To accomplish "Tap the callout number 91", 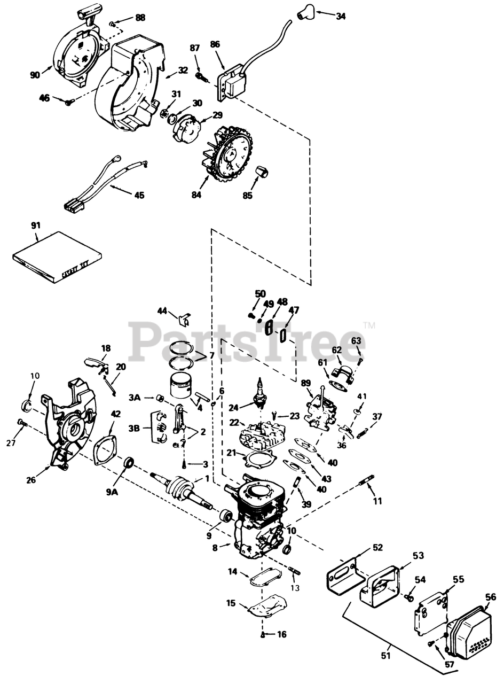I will click(36, 226).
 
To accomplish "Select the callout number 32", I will click(183, 70).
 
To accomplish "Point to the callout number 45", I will click(139, 195).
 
